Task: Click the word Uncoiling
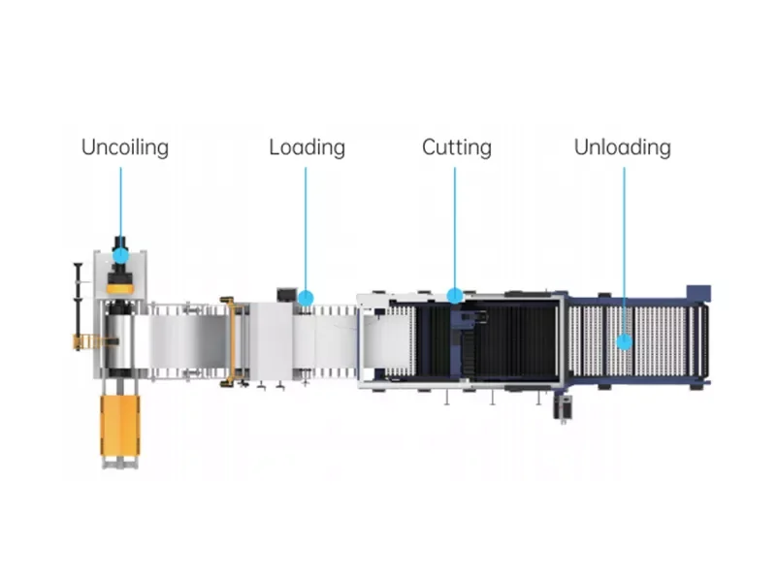click(125, 147)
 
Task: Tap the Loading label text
click(308, 147)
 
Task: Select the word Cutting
click(457, 147)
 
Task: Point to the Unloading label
click(623, 147)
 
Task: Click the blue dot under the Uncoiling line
click(120, 256)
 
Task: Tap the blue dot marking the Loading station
click(306, 299)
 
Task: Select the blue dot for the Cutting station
click(455, 296)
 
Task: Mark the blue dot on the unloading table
click(625, 341)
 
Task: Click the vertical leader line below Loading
click(306, 229)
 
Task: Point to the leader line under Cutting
click(455, 228)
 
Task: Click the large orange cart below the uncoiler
click(120, 425)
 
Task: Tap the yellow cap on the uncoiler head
click(120, 288)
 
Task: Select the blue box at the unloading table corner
click(698, 293)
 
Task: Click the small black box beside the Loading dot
click(287, 295)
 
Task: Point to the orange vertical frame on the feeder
click(230, 341)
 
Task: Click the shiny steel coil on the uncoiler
click(119, 340)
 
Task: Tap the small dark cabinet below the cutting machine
click(563, 407)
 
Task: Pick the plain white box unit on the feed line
click(271, 341)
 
